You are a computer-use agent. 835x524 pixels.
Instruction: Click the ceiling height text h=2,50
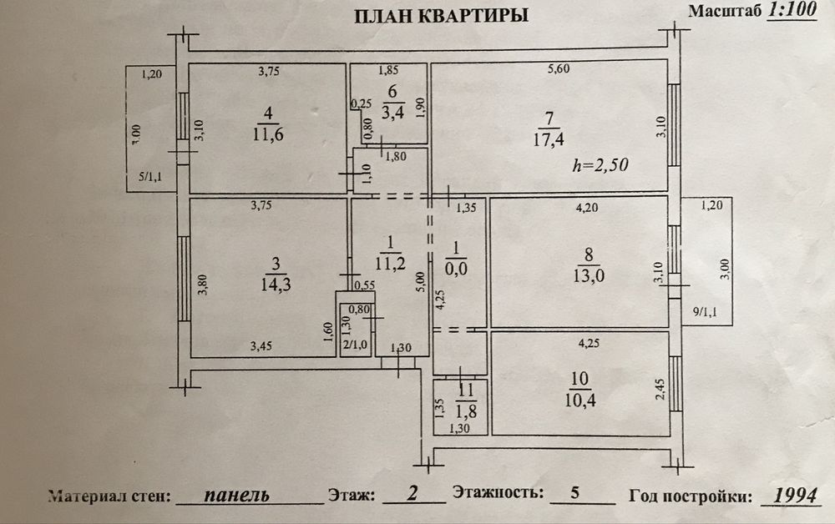pos(600,164)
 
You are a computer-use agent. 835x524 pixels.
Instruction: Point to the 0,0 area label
pos(457,269)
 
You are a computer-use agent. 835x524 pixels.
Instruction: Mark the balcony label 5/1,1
pos(149,177)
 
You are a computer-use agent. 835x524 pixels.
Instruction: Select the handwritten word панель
pos(237,494)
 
